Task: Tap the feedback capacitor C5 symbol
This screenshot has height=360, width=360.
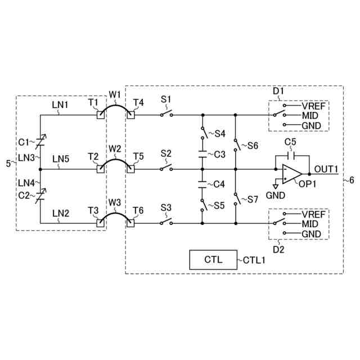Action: tap(290, 155)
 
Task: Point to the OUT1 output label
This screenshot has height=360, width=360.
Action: tap(326, 169)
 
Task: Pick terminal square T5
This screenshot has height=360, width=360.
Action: tap(130, 168)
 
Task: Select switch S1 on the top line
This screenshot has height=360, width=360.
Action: tap(165, 114)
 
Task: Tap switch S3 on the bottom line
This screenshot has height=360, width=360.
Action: tap(165, 222)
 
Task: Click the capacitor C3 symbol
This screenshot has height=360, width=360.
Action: tap(202, 154)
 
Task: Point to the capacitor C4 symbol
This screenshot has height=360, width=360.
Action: tap(202, 183)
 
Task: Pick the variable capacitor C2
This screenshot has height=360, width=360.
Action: tap(40, 196)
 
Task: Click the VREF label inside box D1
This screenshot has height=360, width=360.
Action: tap(313, 105)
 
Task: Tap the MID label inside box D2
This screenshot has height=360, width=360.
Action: tap(310, 224)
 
